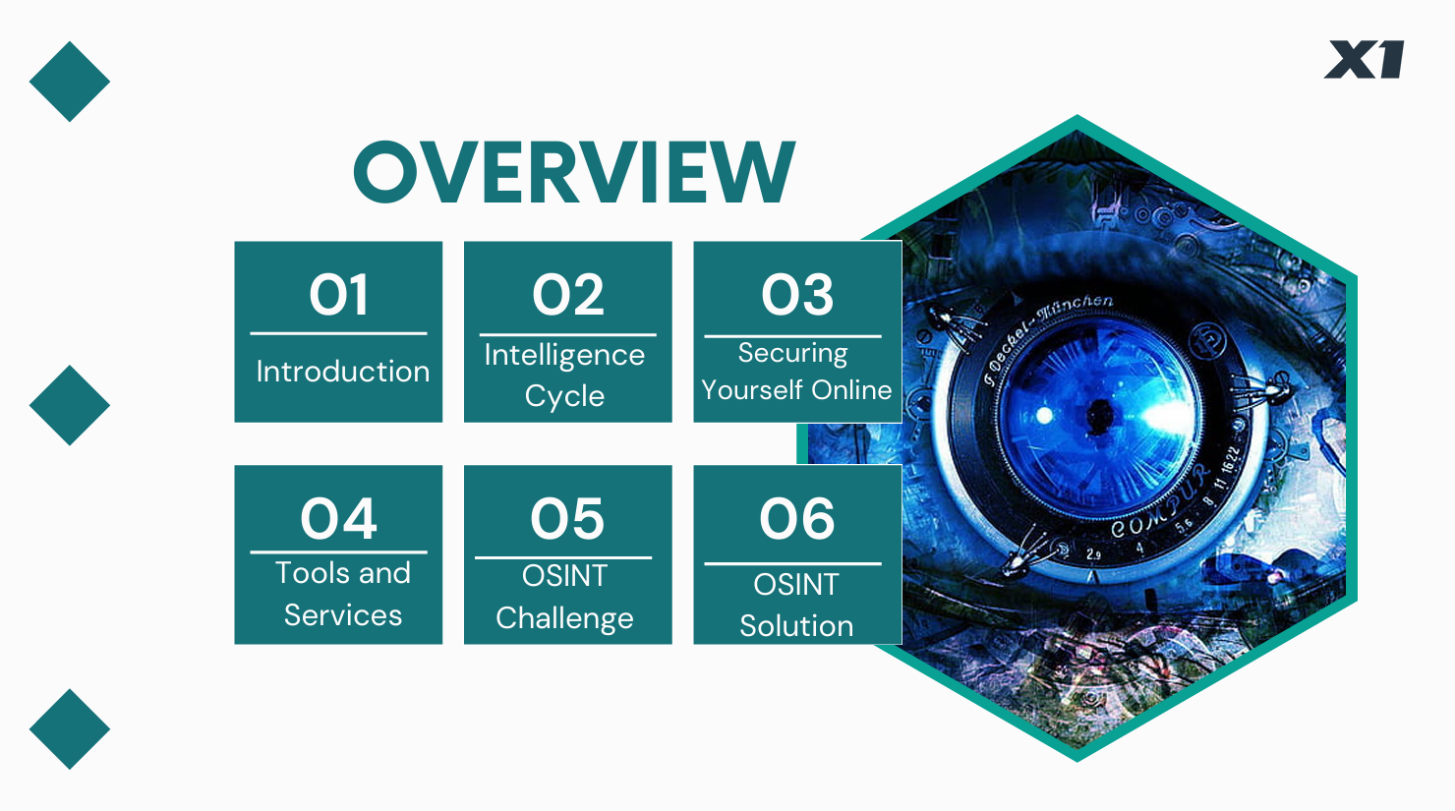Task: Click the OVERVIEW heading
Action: [574, 172]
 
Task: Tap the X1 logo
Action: [1365, 59]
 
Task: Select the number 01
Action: [338, 295]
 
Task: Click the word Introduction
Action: [343, 372]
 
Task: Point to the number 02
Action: [567, 295]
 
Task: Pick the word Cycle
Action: [564, 396]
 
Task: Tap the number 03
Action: [797, 295]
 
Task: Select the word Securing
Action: [793, 354]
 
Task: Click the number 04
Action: [338, 518]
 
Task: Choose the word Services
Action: [343, 615]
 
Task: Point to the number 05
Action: [567, 518]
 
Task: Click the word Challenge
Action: [564, 618]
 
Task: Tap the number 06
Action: [797, 518]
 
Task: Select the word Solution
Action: [796, 626]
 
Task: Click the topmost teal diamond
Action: [70, 82]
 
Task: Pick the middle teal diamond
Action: [70, 405]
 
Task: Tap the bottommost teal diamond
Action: [70, 729]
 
